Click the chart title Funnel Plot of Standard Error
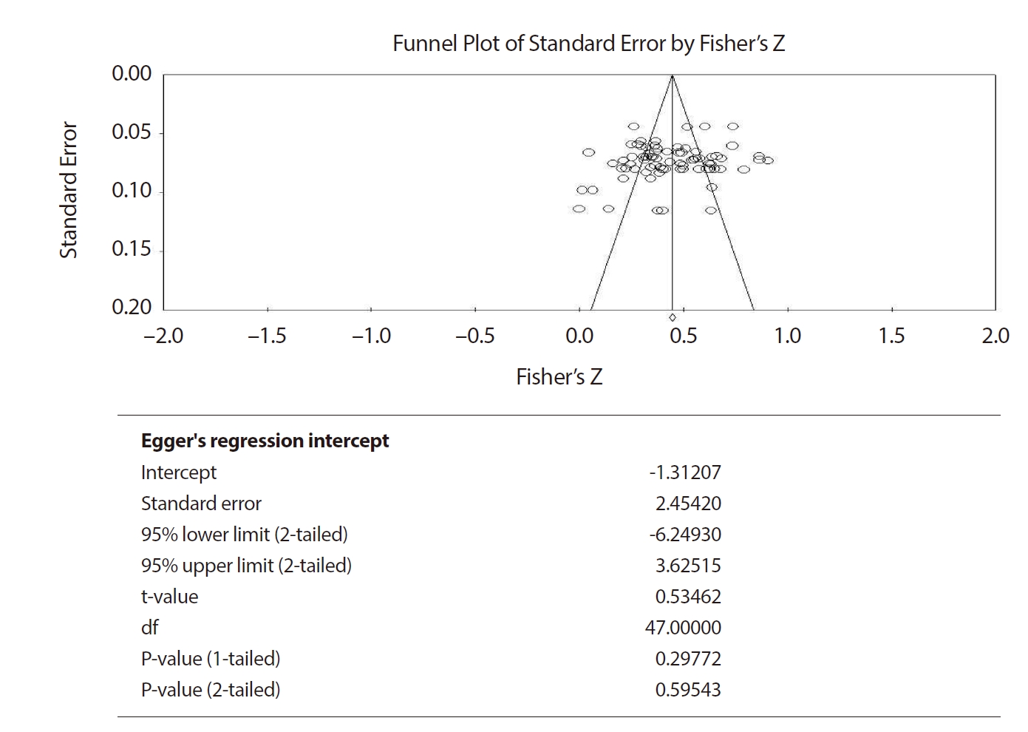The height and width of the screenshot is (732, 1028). tap(588, 44)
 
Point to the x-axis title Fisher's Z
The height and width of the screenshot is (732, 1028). tap(559, 377)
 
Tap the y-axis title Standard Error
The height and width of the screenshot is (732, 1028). tap(69, 190)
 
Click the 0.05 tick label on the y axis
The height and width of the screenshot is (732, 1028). tap(132, 132)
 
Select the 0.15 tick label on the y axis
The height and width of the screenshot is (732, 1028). tap(132, 249)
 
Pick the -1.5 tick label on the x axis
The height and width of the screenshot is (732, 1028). tap(267, 336)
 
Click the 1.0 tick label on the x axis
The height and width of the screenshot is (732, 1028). tap(787, 336)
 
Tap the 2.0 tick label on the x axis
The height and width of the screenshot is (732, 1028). tap(995, 336)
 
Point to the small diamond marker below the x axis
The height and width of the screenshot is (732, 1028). tap(672, 318)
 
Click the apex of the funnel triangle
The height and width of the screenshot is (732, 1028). tap(672, 75)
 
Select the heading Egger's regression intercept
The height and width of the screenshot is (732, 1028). tap(265, 441)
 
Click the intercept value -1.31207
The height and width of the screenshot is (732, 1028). tap(684, 472)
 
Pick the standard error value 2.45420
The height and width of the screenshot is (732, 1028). tap(688, 504)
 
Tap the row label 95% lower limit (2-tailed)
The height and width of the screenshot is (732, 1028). tap(244, 535)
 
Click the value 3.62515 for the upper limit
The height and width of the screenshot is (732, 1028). tap(688, 566)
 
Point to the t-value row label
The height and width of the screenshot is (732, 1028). tap(169, 597)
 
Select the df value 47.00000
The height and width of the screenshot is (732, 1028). tap(683, 628)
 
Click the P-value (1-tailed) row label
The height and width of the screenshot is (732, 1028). tap(211, 659)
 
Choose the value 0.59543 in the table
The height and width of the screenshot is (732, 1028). tap(688, 690)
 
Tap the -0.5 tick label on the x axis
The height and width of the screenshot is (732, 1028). tap(474, 336)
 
